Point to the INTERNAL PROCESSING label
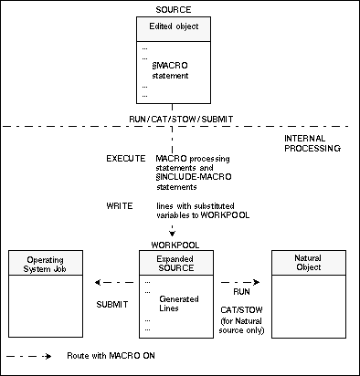(313, 142)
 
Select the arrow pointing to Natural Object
(241, 282)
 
